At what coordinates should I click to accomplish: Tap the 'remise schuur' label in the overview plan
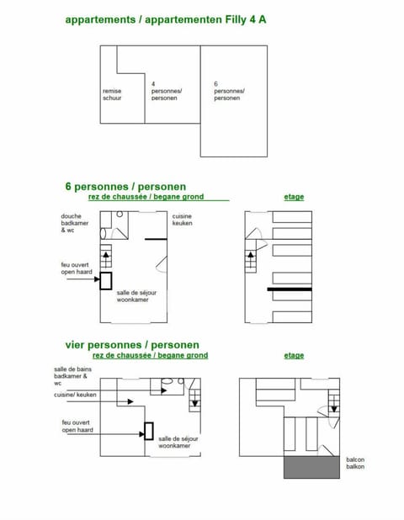click(x=112, y=95)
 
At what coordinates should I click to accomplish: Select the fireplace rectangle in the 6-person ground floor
click(x=105, y=281)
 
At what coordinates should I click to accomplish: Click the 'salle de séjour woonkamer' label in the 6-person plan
click(x=136, y=296)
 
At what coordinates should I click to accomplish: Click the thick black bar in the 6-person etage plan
click(x=290, y=289)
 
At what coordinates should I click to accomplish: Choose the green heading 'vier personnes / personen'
click(x=132, y=345)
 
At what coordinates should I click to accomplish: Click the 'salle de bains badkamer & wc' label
click(x=72, y=376)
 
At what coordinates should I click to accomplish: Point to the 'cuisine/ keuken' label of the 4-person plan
click(x=72, y=395)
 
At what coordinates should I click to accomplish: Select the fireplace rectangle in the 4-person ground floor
click(x=148, y=431)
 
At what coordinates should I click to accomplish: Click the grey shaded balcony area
click(x=311, y=467)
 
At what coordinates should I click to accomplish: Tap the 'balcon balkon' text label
click(x=355, y=463)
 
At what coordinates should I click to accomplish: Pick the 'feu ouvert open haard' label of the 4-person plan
click(x=77, y=427)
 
